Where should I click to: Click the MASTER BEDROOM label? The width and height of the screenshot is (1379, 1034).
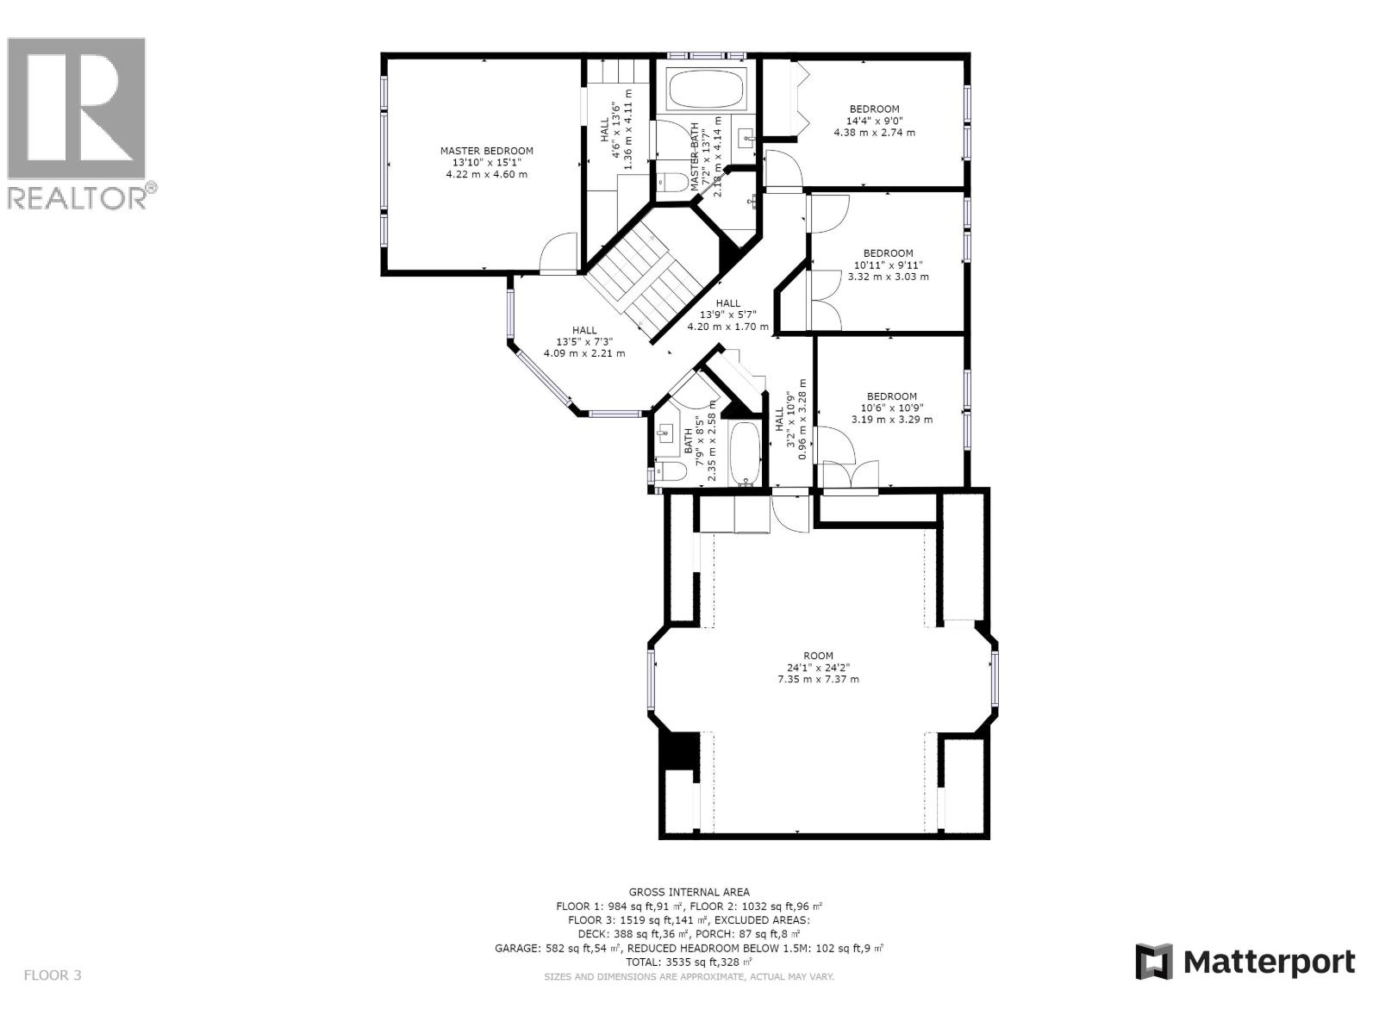pyautogui.click(x=486, y=163)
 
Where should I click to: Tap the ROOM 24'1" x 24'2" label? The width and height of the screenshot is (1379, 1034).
pyautogui.click(x=818, y=667)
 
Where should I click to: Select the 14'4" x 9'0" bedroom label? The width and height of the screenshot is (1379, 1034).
pyautogui.click(x=874, y=121)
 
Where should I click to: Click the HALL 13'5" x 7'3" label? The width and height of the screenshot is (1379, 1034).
pyautogui.click(x=583, y=341)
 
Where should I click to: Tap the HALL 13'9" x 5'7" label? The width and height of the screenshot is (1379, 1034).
pyautogui.click(x=727, y=315)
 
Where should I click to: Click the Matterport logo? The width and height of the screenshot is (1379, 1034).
pyautogui.click(x=1245, y=962)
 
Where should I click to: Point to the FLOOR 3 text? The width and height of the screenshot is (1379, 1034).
pyautogui.click(x=52, y=975)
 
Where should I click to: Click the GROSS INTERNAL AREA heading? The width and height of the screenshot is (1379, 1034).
pyautogui.click(x=689, y=892)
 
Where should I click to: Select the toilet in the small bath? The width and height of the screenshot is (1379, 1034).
pyautogui.click(x=671, y=471)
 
